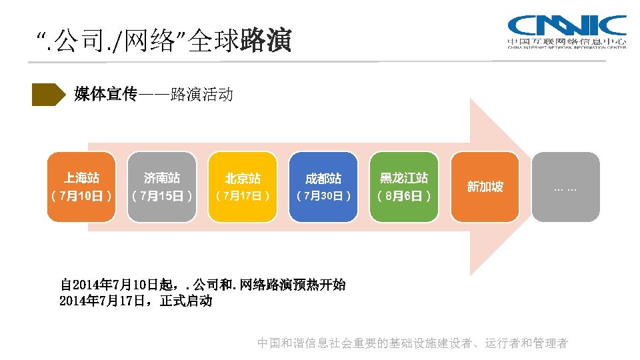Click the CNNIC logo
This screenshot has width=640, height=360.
[x=567, y=31]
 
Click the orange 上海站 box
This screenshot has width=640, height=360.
[x=82, y=187]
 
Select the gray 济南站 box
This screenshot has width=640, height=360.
[x=163, y=187]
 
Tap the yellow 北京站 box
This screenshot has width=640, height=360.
[x=243, y=187]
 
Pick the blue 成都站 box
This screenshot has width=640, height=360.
[x=323, y=187]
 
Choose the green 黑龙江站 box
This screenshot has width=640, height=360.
[x=404, y=187]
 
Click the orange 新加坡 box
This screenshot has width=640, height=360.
[x=485, y=187]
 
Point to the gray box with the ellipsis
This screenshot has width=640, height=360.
[x=566, y=187]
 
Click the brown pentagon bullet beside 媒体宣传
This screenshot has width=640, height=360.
[x=49, y=95]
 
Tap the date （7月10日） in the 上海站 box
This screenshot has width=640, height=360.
[x=82, y=196]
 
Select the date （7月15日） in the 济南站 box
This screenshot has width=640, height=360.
[x=163, y=196]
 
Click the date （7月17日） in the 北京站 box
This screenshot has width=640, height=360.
[x=243, y=196]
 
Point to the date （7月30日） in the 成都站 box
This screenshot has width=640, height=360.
[x=323, y=196]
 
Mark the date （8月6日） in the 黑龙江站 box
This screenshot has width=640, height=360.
[x=404, y=196]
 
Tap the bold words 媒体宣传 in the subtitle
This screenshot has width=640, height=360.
[x=105, y=94]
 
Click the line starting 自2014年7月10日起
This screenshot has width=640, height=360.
[x=203, y=285]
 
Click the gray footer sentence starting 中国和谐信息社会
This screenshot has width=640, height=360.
[x=412, y=343]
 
